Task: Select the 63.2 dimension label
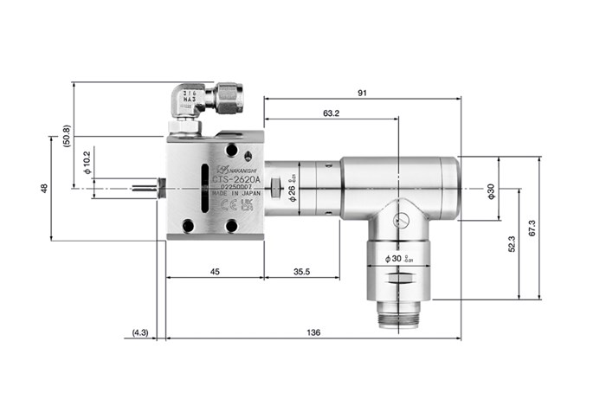click(x=330, y=113)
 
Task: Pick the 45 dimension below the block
click(x=215, y=272)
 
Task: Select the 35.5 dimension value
click(x=302, y=272)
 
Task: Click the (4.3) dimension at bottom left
click(x=141, y=332)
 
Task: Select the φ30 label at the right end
click(x=491, y=190)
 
